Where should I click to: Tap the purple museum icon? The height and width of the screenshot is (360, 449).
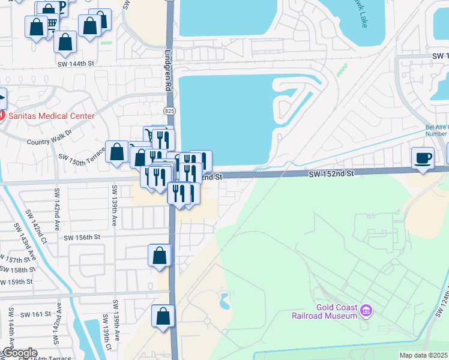[366, 311]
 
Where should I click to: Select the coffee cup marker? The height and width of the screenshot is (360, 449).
[423, 158]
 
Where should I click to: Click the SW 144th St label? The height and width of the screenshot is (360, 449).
[76, 63]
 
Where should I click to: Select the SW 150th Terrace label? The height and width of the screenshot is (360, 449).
[82, 159]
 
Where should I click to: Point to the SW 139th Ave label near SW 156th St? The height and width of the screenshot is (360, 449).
[114, 206]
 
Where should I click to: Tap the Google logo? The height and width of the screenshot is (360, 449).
[20, 353]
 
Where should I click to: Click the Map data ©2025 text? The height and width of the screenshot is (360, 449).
[423, 355]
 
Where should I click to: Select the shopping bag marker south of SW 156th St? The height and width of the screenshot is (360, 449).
[160, 256]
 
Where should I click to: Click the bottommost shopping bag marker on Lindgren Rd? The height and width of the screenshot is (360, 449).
[163, 316]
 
